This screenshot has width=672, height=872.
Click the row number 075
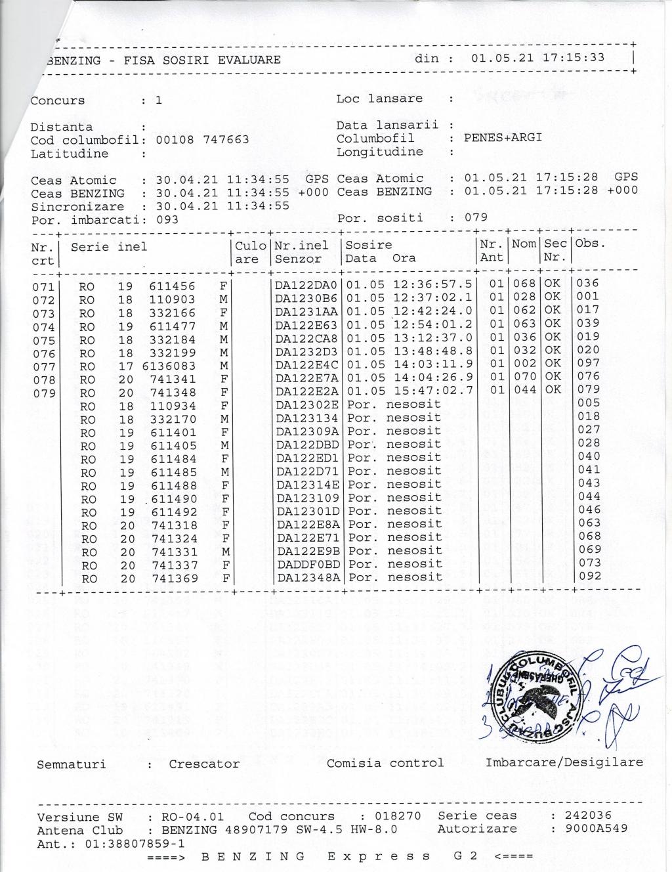click(43, 340)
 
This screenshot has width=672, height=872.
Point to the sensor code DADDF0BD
click(308, 564)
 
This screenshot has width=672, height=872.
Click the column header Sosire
click(369, 245)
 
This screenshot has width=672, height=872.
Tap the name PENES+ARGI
click(503, 138)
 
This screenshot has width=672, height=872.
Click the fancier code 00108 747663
click(202, 140)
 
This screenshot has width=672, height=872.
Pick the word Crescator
click(204, 764)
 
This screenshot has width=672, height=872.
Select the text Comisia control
click(385, 763)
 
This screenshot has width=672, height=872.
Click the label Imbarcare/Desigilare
click(564, 762)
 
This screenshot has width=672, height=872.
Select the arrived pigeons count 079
click(476, 217)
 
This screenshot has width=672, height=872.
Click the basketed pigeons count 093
click(167, 220)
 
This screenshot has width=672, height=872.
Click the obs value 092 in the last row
click(589, 576)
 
